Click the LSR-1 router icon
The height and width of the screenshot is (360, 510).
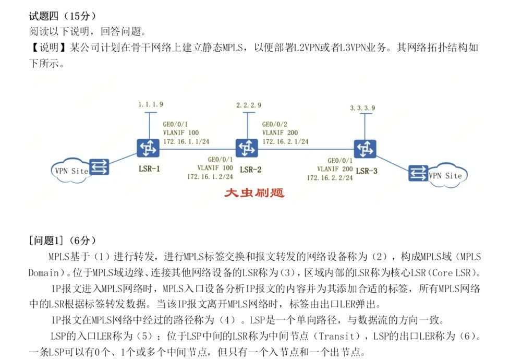(x=148, y=148)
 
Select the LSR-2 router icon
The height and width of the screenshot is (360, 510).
(x=246, y=148)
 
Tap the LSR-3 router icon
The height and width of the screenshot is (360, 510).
(x=365, y=149)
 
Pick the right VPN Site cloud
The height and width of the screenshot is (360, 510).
(x=445, y=175)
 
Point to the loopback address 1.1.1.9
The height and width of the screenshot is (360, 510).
(x=151, y=104)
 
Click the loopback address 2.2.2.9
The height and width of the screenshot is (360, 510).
(x=248, y=105)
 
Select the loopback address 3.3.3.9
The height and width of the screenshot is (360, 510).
(x=362, y=108)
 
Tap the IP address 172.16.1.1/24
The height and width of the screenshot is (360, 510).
(x=186, y=141)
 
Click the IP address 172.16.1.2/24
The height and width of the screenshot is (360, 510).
(x=211, y=176)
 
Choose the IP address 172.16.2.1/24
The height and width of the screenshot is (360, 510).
(x=285, y=141)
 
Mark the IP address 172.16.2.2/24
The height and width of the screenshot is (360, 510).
(x=330, y=177)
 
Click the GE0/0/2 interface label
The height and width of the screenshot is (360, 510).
(x=274, y=124)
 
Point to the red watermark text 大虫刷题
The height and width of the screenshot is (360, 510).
(x=254, y=193)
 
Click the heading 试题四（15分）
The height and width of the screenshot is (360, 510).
(x=62, y=16)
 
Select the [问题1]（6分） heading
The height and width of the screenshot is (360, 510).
(x=63, y=241)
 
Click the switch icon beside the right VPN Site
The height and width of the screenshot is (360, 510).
(x=417, y=173)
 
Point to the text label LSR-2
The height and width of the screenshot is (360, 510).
(x=251, y=170)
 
